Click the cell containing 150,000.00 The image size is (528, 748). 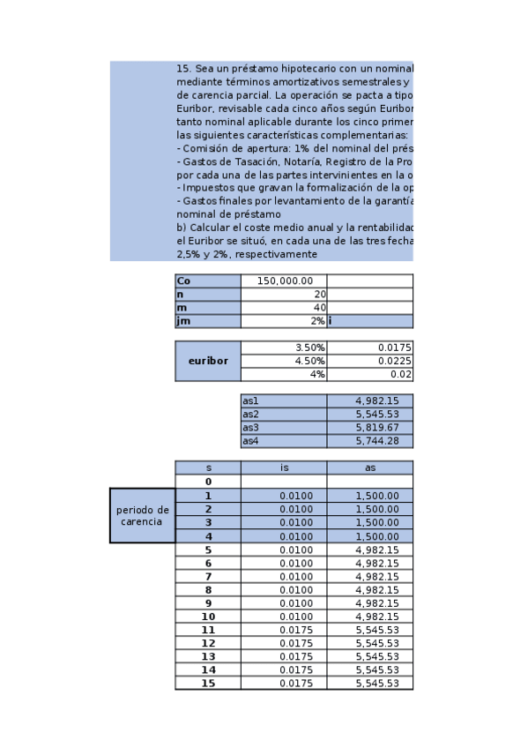coord(283,280)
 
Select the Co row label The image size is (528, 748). coord(208,280)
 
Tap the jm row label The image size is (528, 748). coord(208,321)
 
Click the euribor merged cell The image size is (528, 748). coord(208,361)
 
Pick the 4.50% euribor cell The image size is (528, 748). coord(283,361)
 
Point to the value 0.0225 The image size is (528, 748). coord(369,361)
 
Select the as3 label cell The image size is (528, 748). coord(283,427)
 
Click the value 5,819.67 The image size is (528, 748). coord(369,427)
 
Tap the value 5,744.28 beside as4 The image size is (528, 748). coord(369,440)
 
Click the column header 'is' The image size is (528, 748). coord(283,467)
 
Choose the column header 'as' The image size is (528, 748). coord(369,467)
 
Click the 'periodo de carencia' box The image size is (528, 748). coord(142,515)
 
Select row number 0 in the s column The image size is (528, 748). coord(208,482)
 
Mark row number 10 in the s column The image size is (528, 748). coord(208,616)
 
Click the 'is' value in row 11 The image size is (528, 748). coord(283,630)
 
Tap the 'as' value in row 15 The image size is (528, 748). coord(369,683)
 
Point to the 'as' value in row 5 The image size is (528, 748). coord(369,549)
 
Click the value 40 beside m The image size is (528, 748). coord(283,307)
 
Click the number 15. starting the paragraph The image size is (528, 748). coord(184,67)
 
